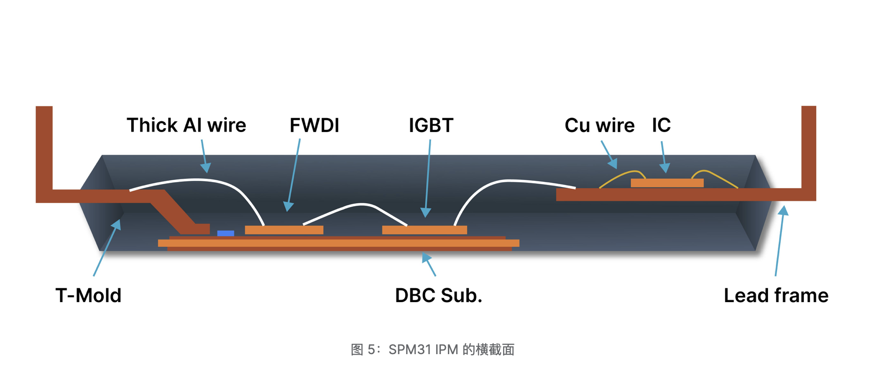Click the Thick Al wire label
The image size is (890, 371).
[186, 126]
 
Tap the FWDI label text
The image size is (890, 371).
[314, 126]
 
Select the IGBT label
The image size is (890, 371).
[431, 126]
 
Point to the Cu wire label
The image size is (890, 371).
[599, 126]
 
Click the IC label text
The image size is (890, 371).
[661, 125]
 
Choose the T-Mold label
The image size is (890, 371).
[88, 296]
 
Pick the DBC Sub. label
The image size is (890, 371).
[438, 296]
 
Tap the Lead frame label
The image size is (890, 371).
[776, 296]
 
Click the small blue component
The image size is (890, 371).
[226, 233]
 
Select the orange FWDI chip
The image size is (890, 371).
[284, 230]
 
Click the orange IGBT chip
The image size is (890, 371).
[424, 230]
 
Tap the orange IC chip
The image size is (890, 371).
[667, 183]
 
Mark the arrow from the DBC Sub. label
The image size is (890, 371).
[429, 264]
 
